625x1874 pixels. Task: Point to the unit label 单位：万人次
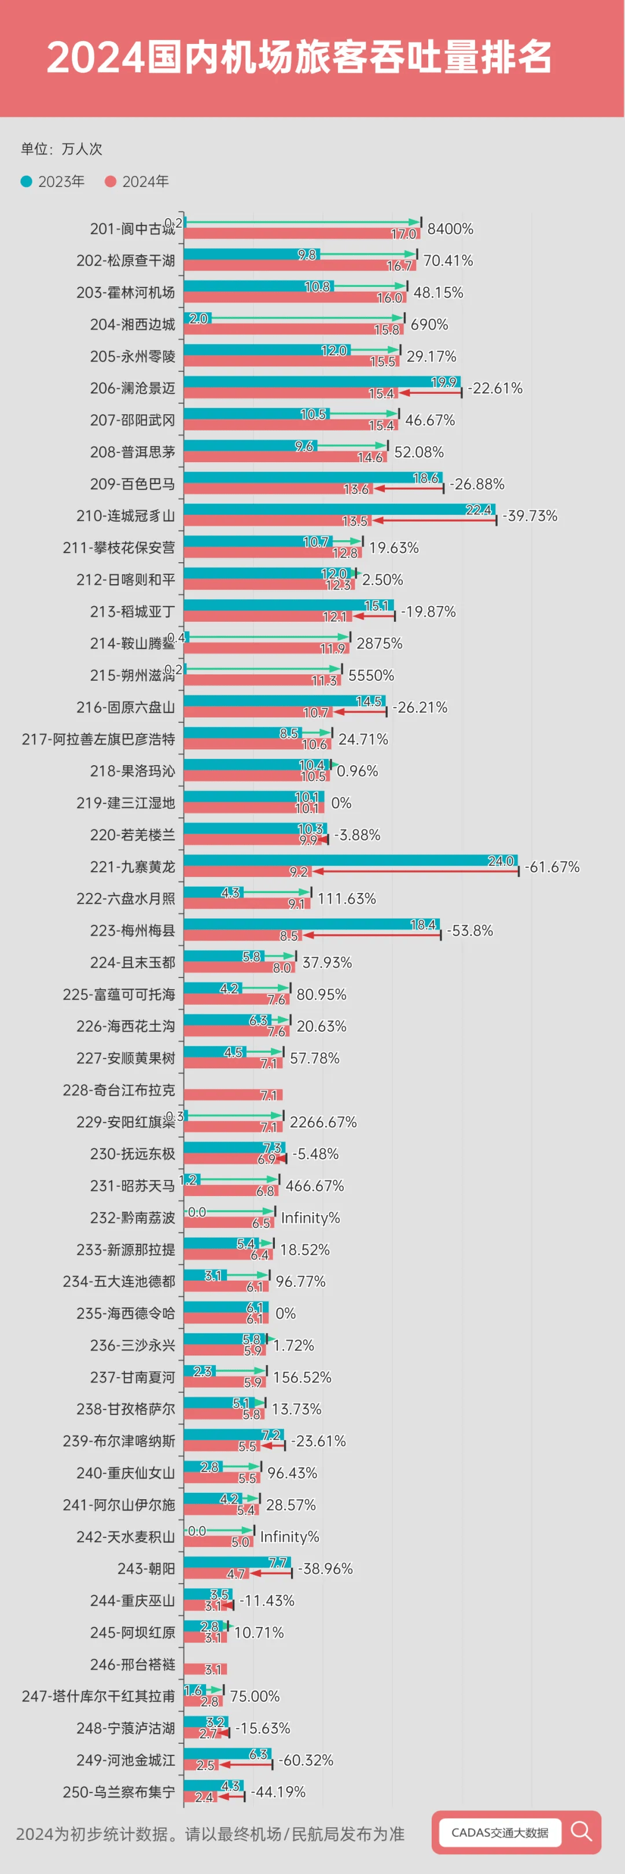click(62, 149)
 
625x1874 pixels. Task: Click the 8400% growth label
click(450, 228)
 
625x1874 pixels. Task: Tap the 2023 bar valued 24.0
click(350, 861)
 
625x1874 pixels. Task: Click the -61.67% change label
click(552, 866)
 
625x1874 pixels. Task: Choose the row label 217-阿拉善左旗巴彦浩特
click(98, 739)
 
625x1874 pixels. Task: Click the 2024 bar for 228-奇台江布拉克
click(233, 1095)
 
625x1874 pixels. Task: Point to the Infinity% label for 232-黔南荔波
click(310, 1218)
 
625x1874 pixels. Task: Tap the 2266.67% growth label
click(323, 1122)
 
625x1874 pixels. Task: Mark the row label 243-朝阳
click(146, 1569)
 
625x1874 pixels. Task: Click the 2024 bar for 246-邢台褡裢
click(205, 1669)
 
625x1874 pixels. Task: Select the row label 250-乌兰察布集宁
click(119, 1792)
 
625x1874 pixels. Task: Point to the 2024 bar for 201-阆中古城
click(302, 234)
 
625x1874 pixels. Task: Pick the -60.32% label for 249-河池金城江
click(306, 1760)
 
